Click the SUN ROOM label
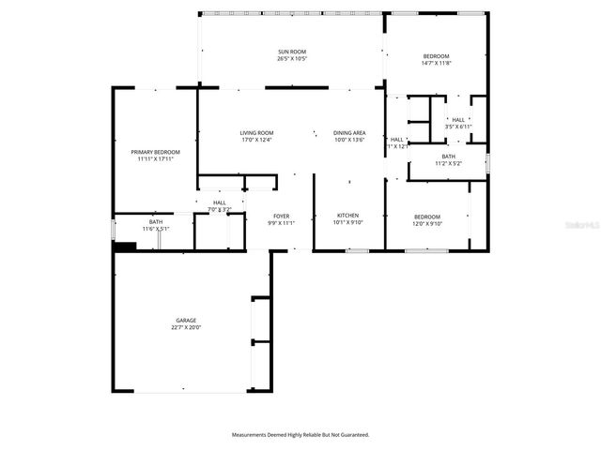point(291,52)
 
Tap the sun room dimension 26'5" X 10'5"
point(291,59)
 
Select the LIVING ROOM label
point(256,133)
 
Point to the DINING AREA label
point(349,133)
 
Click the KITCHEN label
point(347,216)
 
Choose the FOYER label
point(282,216)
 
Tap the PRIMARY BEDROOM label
point(155,152)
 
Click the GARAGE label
point(185,321)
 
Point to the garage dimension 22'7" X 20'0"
point(185,328)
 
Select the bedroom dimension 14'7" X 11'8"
point(436,64)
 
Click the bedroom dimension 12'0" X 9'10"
point(427,224)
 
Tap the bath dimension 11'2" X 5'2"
point(448,164)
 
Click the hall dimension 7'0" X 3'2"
point(219,209)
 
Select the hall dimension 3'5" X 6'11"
point(458,127)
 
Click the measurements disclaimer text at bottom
point(300,435)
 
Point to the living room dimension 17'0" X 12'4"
point(256,141)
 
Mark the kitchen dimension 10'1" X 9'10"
point(347,223)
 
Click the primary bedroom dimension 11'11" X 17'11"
point(155,159)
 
